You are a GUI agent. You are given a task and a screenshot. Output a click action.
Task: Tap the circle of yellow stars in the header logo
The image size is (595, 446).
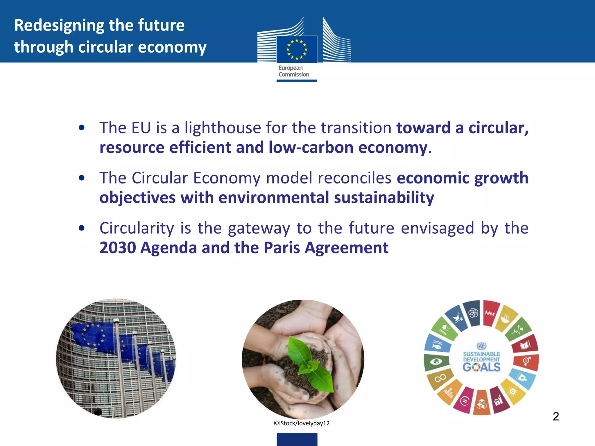(297, 49)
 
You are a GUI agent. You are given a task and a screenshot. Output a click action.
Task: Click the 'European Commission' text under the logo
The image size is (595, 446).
(293, 71)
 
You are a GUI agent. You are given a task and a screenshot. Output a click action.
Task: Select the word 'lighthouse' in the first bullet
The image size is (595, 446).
(223, 128)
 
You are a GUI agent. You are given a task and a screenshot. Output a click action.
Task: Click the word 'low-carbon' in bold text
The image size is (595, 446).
(311, 148)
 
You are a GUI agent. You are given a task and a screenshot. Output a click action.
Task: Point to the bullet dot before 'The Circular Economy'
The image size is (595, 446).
(82, 178)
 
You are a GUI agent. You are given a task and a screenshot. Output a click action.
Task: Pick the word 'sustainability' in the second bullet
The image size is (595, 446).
(384, 198)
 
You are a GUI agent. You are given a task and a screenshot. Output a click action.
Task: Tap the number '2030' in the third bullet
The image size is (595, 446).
(118, 248)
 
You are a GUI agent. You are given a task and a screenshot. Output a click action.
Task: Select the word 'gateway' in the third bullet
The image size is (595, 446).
(259, 228)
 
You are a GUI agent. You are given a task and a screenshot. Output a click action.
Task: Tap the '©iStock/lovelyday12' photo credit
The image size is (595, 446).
(302, 423)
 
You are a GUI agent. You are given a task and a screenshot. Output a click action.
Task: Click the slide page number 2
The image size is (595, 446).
(556, 417)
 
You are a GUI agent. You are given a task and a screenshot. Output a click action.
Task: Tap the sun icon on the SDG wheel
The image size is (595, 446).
(513, 391)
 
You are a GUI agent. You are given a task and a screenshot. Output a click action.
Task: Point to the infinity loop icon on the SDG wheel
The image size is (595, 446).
(440, 378)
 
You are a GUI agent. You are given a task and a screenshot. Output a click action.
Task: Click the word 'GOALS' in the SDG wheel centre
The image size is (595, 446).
(481, 367)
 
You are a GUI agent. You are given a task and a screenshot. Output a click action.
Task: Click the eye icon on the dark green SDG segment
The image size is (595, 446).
(436, 362)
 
